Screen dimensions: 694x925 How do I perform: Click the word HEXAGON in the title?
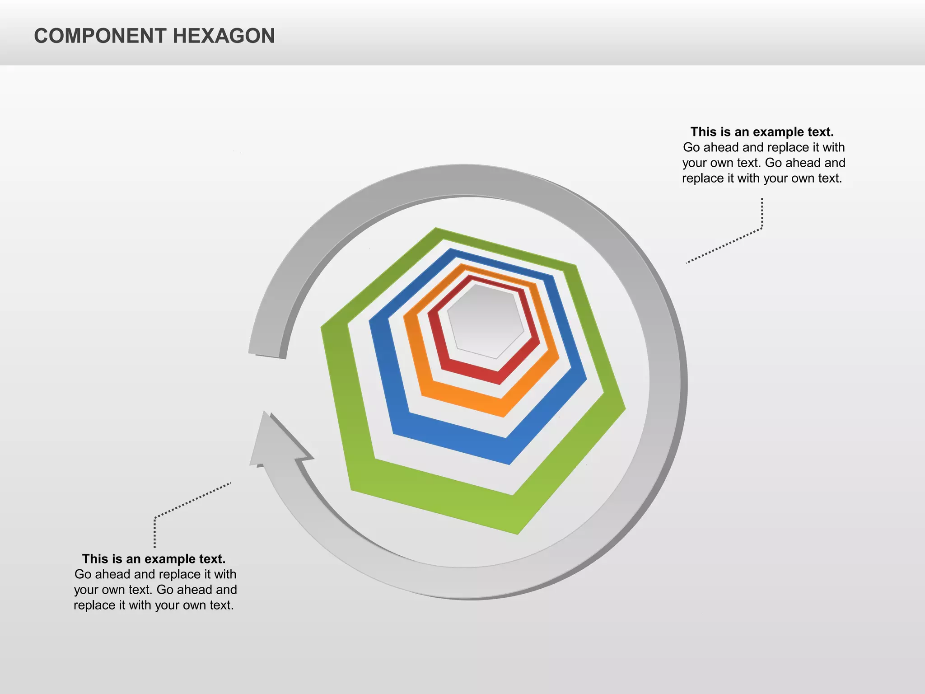224,36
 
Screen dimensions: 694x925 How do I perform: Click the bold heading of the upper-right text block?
762,132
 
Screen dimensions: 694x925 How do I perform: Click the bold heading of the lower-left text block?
154,559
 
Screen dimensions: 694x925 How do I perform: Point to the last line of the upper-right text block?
762,178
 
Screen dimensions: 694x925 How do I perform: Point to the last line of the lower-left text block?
154,605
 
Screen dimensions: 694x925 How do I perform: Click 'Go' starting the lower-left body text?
83,574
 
